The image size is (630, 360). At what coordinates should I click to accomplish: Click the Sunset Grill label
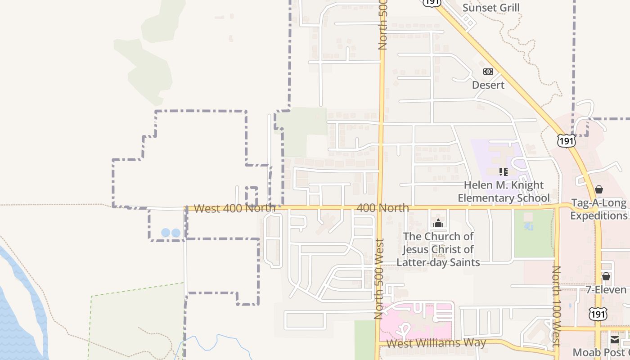(491, 8)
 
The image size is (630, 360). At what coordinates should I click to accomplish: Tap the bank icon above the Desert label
(488, 72)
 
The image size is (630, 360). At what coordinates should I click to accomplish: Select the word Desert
(488, 85)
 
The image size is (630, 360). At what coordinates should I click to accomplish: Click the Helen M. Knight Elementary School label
(504, 192)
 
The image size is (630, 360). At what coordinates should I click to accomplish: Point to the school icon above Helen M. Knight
(503, 171)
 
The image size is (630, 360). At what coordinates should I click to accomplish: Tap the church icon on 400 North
(438, 223)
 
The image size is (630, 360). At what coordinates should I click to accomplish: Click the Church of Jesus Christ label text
(438, 249)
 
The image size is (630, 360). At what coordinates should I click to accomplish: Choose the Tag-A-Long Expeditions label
(598, 209)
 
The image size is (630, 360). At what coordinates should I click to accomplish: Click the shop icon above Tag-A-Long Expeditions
(598, 189)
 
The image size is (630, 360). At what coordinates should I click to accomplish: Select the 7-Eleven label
(606, 289)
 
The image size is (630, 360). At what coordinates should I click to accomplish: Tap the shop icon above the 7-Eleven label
(606, 276)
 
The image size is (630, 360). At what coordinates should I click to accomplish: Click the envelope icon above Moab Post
(614, 339)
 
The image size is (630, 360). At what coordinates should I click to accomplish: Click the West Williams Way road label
(436, 343)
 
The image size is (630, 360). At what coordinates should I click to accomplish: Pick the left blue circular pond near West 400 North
(166, 233)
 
